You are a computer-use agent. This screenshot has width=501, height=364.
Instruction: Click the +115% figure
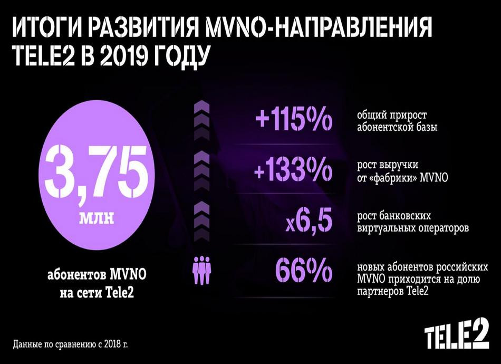[x=294, y=121]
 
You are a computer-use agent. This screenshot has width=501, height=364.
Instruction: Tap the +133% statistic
[x=294, y=170]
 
